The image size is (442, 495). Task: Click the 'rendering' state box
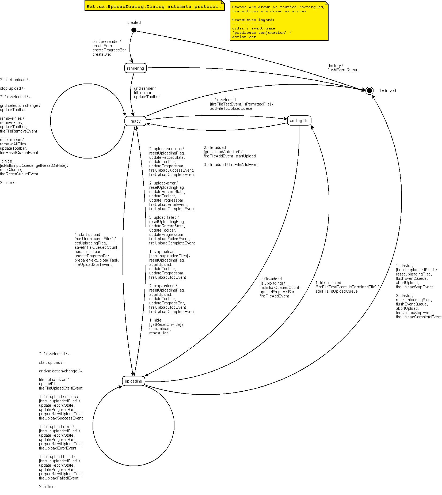pos(135,68)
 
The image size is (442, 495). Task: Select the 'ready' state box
pos(135,121)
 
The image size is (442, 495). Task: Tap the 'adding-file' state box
pos(299,121)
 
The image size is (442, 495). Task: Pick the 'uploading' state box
pos(134,381)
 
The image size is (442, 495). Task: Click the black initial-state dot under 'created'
pos(134,30)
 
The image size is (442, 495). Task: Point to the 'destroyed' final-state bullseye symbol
pos(369,91)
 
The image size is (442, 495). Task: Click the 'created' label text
pos(134,22)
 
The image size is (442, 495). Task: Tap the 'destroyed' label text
pos(387,91)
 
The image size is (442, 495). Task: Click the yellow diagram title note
pos(154,6)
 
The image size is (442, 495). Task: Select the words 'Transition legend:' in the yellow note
pos(253,20)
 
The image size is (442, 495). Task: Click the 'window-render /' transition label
pos(106,41)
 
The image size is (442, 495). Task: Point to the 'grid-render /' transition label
pos(145,88)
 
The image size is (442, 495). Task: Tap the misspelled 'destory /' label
pos(335,66)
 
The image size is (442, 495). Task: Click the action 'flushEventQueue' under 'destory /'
pos(343,70)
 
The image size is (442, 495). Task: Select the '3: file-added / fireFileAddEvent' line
pos(231,165)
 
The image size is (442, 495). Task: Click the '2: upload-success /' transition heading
pos(166,149)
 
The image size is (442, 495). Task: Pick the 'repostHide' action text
pos(159,333)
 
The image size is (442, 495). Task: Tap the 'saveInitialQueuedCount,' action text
pos(96,247)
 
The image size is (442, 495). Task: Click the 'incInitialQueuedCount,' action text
pos(280,288)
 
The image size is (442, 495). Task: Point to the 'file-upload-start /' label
pos(54,380)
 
